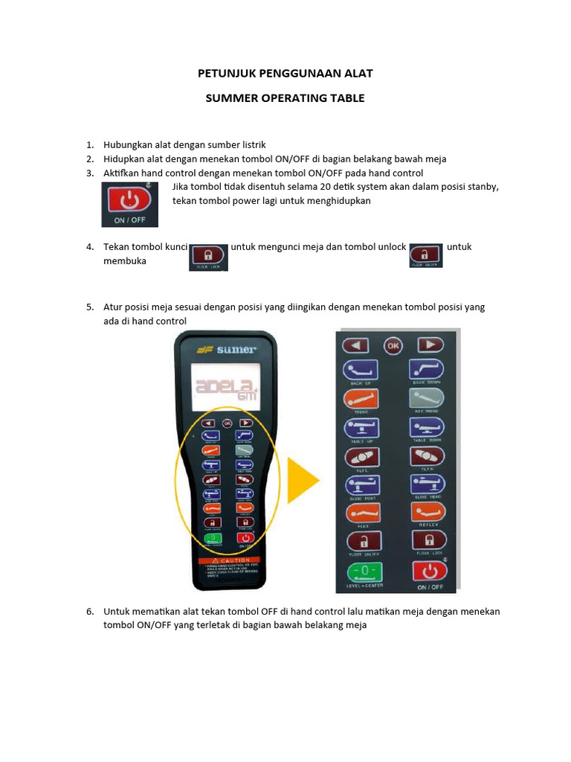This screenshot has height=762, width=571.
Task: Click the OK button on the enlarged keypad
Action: click(393, 345)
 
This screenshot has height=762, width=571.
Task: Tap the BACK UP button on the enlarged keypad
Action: click(361, 370)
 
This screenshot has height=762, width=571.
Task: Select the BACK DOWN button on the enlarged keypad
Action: click(427, 370)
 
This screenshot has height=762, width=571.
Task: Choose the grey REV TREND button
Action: click(427, 399)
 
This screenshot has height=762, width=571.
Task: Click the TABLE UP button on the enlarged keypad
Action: click(361, 429)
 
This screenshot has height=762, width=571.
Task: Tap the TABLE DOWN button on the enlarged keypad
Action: click(427, 429)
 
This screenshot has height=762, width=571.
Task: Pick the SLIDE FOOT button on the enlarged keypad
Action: click(361, 485)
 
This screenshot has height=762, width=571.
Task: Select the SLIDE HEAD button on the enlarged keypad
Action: click(427, 485)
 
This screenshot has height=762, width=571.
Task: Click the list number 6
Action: click(89, 612)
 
